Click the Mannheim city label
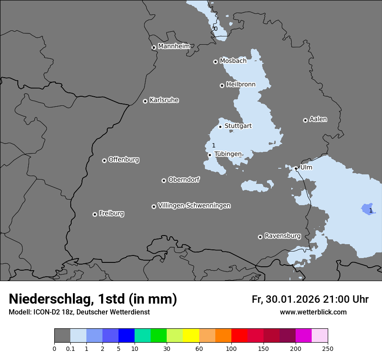174,46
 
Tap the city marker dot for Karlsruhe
145,101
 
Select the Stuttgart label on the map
238,126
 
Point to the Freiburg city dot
95,214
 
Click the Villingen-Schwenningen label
194,206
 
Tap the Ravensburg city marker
260,237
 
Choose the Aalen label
318,119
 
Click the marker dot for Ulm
296,168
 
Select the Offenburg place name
124,159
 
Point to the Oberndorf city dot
164,180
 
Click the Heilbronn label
241,84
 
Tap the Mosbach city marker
215,62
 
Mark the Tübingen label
228,154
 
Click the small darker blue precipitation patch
367,209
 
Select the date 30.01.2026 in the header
291,299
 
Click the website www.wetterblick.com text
313,312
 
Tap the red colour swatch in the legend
239,336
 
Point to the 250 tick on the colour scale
327,348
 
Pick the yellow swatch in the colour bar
191,336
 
